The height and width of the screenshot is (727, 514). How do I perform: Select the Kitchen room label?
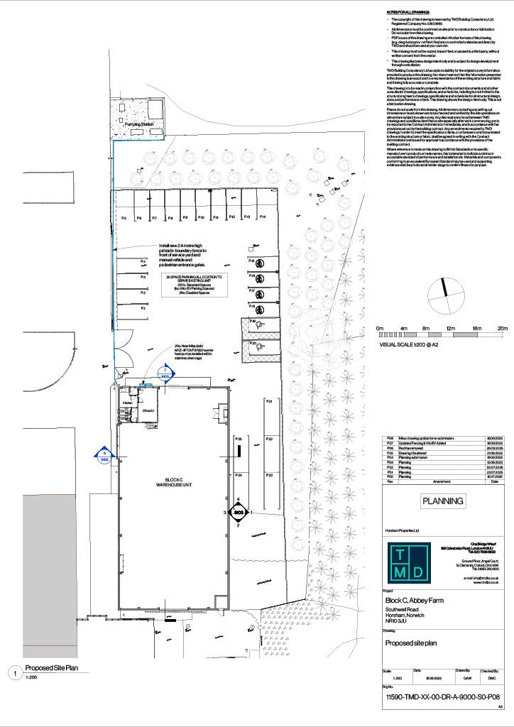coord(128,403)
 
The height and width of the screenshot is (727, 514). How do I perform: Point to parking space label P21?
coord(270,402)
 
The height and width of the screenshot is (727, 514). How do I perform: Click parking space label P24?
coord(239,474)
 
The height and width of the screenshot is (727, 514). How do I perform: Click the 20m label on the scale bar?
coord(503,328)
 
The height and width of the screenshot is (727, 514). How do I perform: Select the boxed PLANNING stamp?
coord(443,501)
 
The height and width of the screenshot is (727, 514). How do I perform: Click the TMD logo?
coord(408,562)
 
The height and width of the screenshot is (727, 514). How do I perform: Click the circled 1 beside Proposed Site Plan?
coord(13,672)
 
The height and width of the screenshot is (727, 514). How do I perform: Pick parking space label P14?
coord(262,217)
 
